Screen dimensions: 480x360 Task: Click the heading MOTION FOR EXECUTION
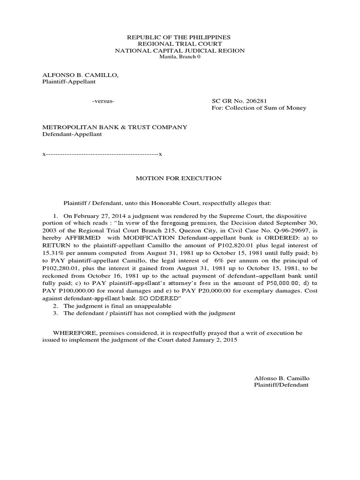point(179,179)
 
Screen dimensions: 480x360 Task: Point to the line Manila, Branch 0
point(180,57)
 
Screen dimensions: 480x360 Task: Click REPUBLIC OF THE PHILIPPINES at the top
point(180,37)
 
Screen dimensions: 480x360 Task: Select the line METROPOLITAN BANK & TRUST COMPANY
point(115,127)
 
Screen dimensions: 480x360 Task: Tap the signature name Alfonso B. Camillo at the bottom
point(281,378)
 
